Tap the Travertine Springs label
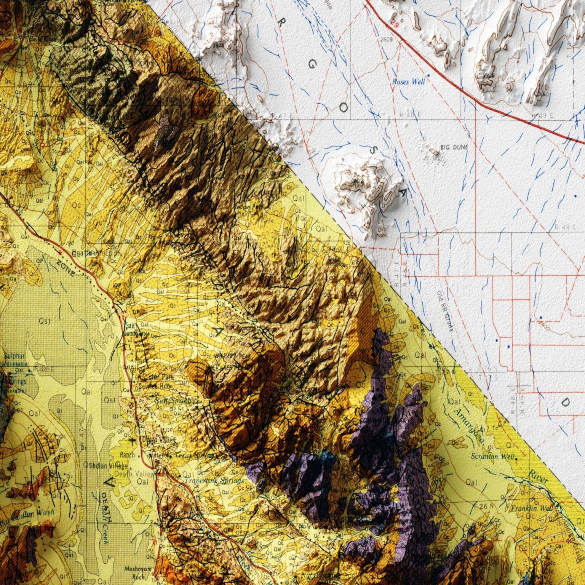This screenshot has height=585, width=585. [x=214, y=481]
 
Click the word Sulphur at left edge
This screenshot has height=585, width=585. [x=14, y=356]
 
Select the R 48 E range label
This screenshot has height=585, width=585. [x=410, y=114]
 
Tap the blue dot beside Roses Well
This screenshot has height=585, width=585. [x=428, y=75]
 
